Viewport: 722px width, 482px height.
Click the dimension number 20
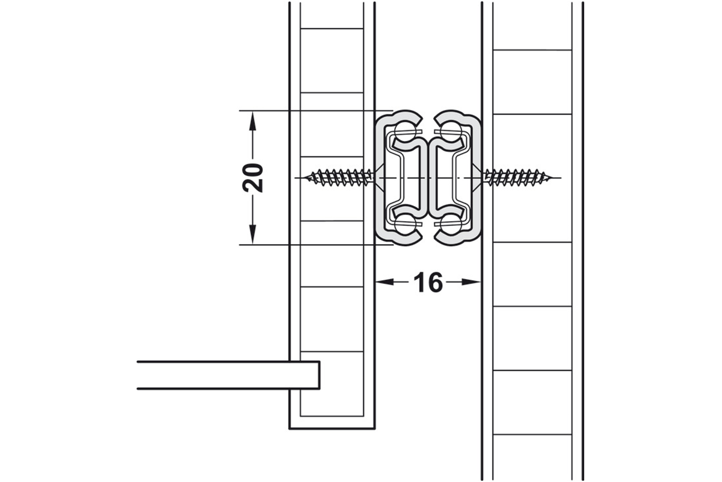tap(253, 178)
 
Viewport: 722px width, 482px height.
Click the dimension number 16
tap(428, 282)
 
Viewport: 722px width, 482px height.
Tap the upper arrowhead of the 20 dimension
tap(252, 121)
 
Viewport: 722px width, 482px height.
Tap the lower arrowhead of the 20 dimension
tap(252, 234)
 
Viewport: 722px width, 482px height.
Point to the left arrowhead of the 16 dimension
tap(385, 282)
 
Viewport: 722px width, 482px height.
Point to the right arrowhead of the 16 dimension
tap(471, 282)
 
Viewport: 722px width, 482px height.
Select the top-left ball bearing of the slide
tap(405, 131)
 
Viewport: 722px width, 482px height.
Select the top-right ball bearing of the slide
tap(451, 131)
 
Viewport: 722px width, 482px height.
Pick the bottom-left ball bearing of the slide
tap(405, 224)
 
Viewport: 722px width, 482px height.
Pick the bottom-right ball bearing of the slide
tap(451, 224)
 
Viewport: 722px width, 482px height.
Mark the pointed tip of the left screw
tap(304, 178)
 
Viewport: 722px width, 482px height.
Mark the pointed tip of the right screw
tap(551, 178)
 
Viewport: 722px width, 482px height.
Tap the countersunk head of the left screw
tap(379, 178)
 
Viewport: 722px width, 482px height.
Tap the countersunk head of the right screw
tap(477, 178)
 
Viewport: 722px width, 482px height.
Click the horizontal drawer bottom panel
tap(229, 375)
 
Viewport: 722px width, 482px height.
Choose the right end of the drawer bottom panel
tap(319, 375)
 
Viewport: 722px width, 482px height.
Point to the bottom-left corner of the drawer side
tap(289, 429)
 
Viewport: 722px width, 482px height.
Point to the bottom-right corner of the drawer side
tap(374, 429)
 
